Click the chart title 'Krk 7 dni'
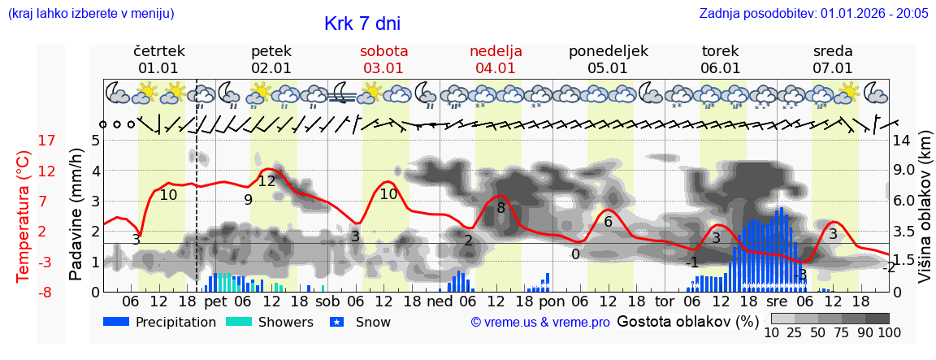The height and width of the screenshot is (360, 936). click(362, 24)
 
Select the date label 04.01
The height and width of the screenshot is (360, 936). click(496, 68)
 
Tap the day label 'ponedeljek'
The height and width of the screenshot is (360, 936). click(608, 51)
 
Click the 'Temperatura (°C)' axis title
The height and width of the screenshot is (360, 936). click(23, 215)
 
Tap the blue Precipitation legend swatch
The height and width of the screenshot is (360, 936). click(117, 322)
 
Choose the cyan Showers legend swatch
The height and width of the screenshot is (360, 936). click(239, 322)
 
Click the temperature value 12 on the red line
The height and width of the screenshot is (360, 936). click(266, 181)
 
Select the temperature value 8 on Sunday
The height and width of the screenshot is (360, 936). click(500, 208)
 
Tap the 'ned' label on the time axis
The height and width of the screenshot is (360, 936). click(440, 301)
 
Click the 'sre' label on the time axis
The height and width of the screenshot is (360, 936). click(777, 301)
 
